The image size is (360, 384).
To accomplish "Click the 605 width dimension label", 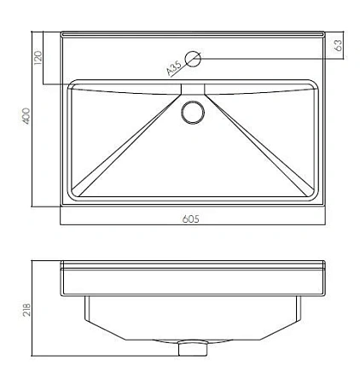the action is pyautogui.click(x=190, y=219).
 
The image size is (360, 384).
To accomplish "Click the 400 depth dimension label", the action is pyautogui.click(x=26, y=116).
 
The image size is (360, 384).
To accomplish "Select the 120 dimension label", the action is pyautogui.click(x=38, y=58).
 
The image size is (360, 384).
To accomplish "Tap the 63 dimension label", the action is pyautogui.click(x=339, y=45).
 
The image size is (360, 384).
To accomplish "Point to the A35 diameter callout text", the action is pyautogui.click(x=174, y=68).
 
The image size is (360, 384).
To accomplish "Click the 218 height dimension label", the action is pyautogui.click(x=26, y=310).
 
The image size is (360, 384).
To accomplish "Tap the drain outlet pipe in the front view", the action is pyautogui.click(x=193, y=348).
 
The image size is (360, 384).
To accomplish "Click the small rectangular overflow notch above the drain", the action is pyautogui.click(x=193, y=89).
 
